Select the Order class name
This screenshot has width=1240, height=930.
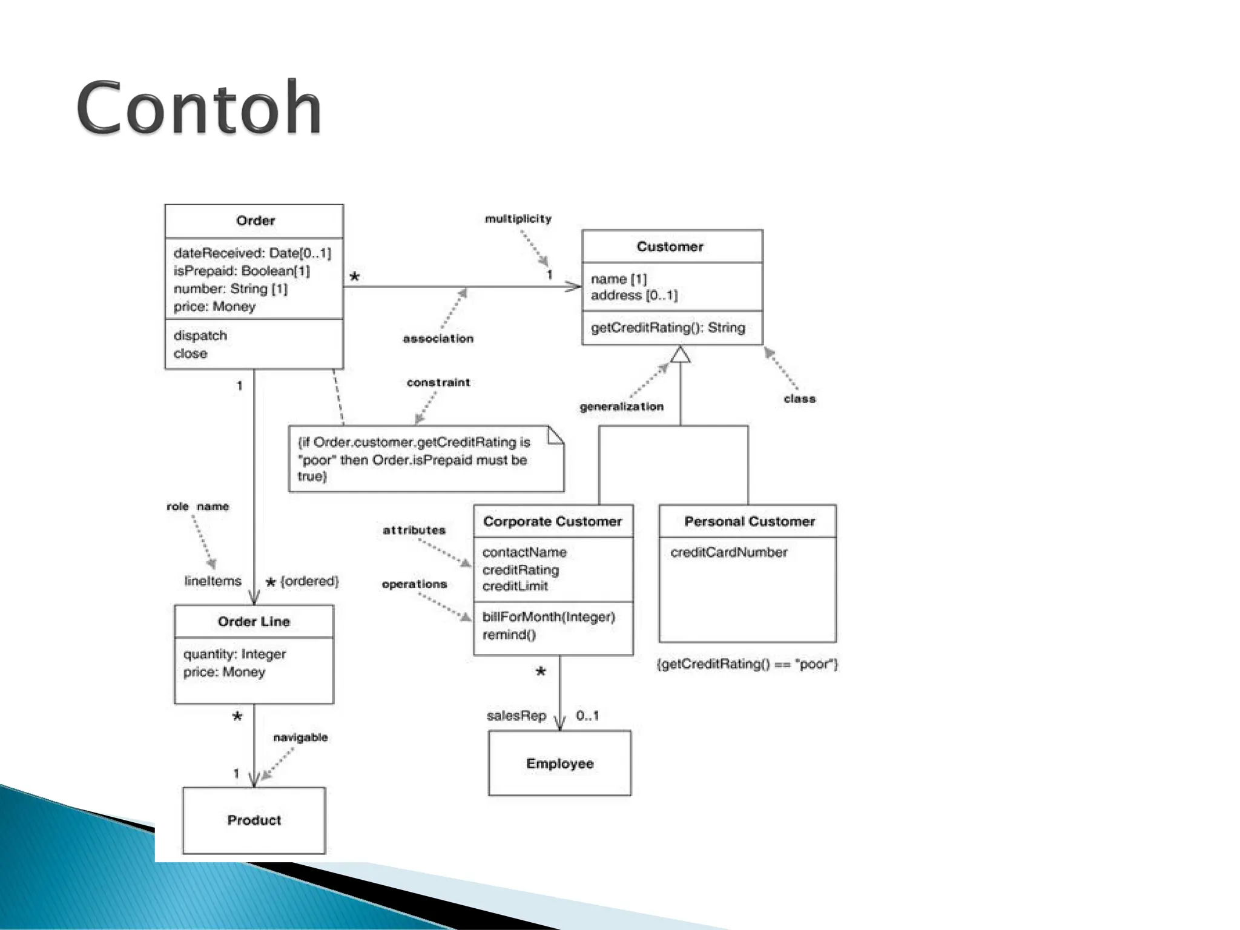tap(256, 221)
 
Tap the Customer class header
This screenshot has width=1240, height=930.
tap(670, 246)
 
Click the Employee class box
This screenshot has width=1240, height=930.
tap(559, 763)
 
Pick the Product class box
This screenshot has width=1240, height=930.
tap(254, 820)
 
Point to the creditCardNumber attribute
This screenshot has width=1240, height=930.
tap(728, 552)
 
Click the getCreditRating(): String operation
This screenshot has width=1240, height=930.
tap(668, 328)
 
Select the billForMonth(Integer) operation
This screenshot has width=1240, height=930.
tap(549, 617)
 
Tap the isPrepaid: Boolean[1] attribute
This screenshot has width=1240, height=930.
tap(242, 271)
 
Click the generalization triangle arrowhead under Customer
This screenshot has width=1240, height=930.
tap(681, 354)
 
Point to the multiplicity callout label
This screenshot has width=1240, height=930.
tap(518, 219)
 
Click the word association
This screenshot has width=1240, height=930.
tap(438, 338)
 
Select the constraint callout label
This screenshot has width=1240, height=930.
tap(438, 383)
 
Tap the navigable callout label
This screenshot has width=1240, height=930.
tap(300, 737)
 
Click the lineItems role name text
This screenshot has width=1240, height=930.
tap(213, 581)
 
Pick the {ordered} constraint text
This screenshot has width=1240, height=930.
tap(309, 581)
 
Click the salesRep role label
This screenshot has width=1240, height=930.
tap(516, 716)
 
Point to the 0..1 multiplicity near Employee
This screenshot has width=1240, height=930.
tap(587, 716)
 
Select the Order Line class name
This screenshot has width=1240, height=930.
tap(254, 622)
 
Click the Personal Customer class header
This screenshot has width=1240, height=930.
tap(750, 521)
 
